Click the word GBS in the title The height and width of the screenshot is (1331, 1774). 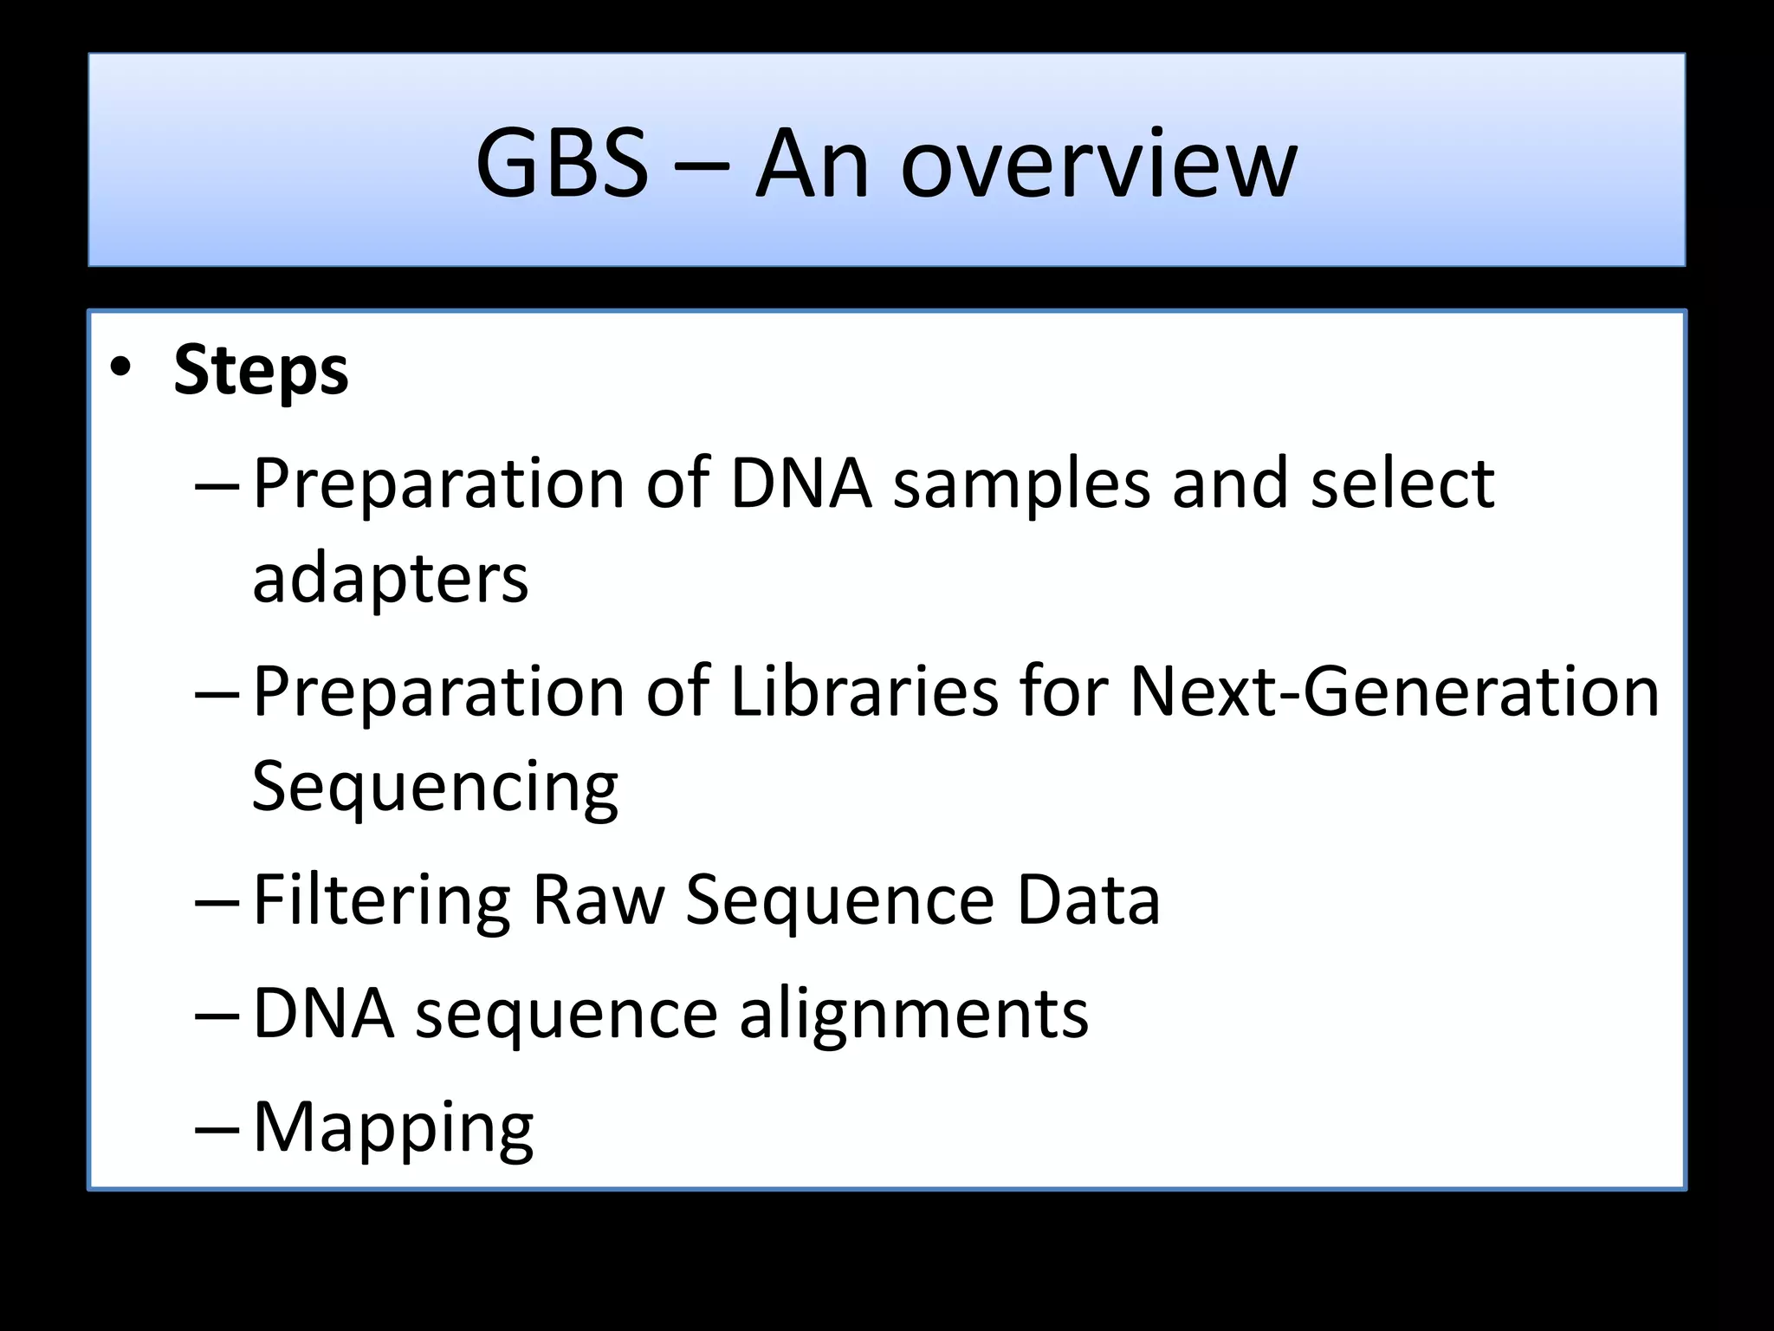[561, 163]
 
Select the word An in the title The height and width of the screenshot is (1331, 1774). [812, 163]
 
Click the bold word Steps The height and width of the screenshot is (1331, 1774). [261, 371]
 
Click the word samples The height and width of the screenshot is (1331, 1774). [1021, 484]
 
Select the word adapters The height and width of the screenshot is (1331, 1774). [390, 578]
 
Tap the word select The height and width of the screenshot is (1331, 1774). [1402, 483]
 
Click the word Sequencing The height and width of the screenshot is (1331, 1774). [435, 786]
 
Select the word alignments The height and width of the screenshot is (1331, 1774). [913, 1013]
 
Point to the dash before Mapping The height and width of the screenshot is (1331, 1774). [217, 1129]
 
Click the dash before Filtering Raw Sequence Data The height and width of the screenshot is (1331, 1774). [217, 902]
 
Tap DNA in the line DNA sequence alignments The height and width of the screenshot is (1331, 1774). [323, 1013]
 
